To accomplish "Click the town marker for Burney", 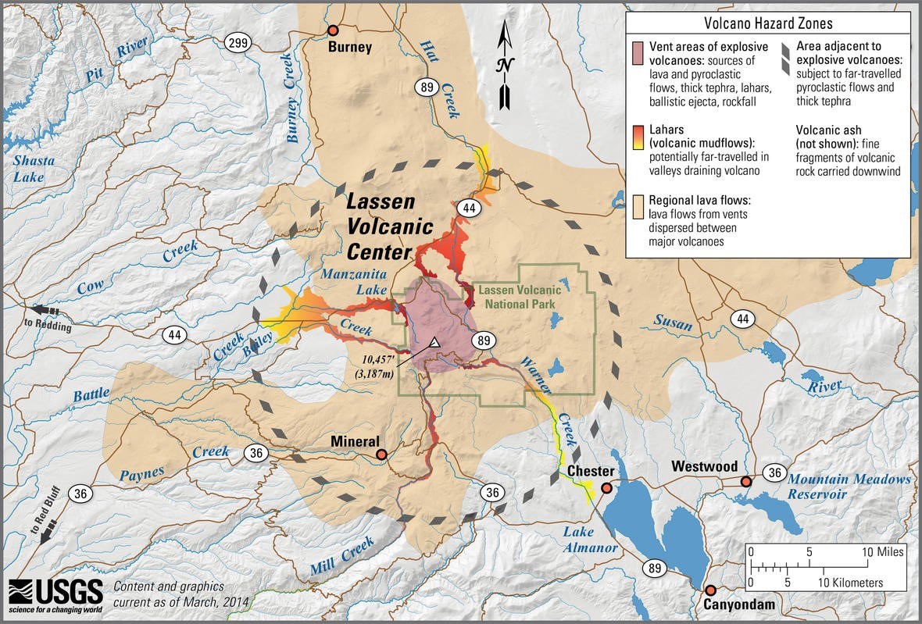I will pos(333,30).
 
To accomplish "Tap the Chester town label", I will pos(590,472).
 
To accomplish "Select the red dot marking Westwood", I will pos(746,482).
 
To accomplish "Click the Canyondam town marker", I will pos(710,590).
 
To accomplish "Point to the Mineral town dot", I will pos(381,454).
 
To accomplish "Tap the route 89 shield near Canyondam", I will pos(655,567).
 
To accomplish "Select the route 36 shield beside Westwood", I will pos(774,472).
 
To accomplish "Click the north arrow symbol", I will pos(506,66).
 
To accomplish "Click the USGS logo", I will pos(55,594).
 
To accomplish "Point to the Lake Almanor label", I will pos(590,540).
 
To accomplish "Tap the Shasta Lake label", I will pos(34,169).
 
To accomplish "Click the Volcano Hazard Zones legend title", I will pos(767,23).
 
